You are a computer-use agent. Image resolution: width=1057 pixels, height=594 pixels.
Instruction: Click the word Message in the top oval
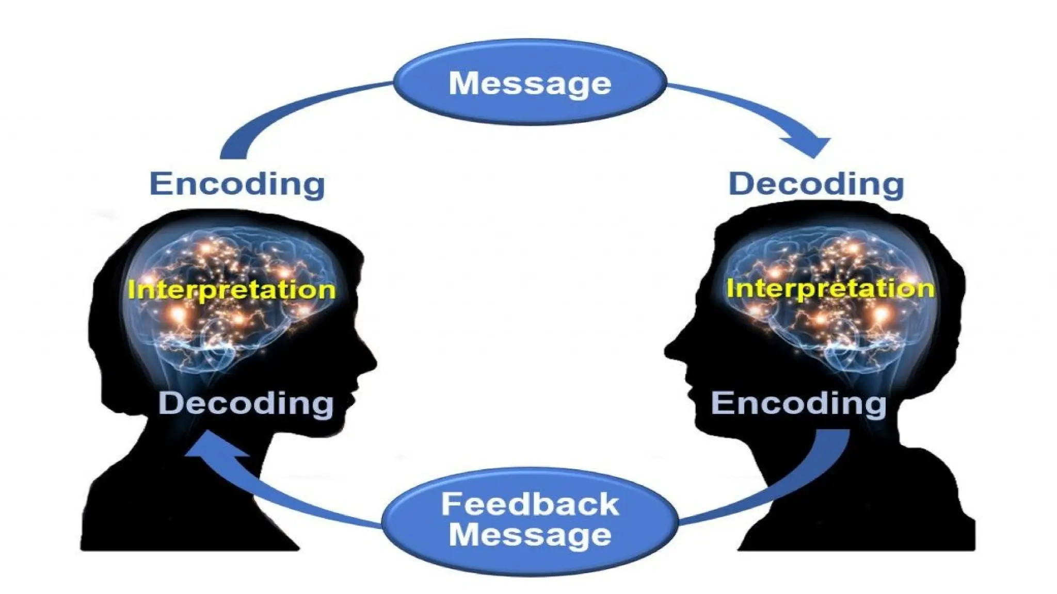tap(530, 84)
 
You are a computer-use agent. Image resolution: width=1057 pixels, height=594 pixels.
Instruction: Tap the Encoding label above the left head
tap(237, 184)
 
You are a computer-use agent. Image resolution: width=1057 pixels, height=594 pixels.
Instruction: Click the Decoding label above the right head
tap(816, 184)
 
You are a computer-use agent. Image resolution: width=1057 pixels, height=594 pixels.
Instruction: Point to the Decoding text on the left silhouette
tap(246, 403)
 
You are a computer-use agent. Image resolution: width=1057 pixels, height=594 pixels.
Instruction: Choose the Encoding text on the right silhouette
tap(798, 403)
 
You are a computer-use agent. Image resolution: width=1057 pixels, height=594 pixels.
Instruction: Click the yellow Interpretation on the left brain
tap(232, 289)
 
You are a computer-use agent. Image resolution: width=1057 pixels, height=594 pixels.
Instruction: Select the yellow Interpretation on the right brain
tap(830, 288)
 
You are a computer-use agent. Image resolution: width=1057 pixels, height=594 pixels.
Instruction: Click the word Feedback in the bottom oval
tap(530, 504)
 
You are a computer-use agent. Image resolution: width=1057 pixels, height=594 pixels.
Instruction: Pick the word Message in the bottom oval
tap(530, 534)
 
